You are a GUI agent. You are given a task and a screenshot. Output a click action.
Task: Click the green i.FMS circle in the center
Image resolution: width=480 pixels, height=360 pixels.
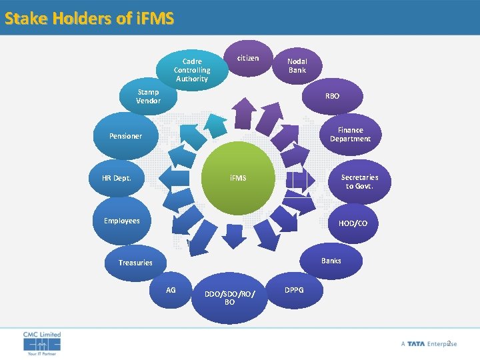coord(239,178)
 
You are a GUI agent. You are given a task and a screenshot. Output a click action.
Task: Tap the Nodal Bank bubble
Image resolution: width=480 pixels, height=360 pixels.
coord(297,65)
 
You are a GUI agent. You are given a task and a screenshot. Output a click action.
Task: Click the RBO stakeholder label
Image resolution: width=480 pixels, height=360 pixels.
coord(332,96)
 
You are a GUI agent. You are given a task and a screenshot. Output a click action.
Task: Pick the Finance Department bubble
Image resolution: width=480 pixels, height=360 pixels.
coord(350,135)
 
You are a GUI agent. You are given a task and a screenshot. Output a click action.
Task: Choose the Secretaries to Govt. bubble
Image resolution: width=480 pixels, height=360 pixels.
coord(359,181)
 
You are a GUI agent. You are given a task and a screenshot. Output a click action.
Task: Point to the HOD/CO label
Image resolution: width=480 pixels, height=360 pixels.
coord(353,223)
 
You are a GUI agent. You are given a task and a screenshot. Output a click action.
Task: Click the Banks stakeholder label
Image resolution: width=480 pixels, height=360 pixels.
coord(331,261)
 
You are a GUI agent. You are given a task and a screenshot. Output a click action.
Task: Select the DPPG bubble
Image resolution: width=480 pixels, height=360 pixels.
coord(294,290)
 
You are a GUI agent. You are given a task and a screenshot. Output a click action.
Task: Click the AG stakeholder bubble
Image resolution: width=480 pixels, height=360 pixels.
coord(171,290)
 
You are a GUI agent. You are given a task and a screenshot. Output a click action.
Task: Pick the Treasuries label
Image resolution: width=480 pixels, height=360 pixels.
coord(135,263)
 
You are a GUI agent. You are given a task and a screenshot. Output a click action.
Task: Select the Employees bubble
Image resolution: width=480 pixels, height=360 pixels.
coord(122,221)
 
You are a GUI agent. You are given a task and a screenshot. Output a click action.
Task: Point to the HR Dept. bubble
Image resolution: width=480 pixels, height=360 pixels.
coord(117,178)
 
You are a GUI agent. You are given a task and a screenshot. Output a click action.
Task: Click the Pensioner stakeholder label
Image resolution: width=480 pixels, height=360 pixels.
coord(125,136)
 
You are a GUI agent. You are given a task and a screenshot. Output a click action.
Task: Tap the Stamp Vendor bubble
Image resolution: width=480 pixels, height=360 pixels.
coord(148,97)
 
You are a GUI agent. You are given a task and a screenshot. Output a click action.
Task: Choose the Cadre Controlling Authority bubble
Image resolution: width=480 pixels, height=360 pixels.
coord(192,70)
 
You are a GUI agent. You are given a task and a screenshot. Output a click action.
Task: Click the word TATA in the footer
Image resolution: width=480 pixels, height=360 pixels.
coord(416,343)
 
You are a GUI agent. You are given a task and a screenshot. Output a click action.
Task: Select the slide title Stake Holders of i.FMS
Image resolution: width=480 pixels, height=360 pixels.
coord(89,18)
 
